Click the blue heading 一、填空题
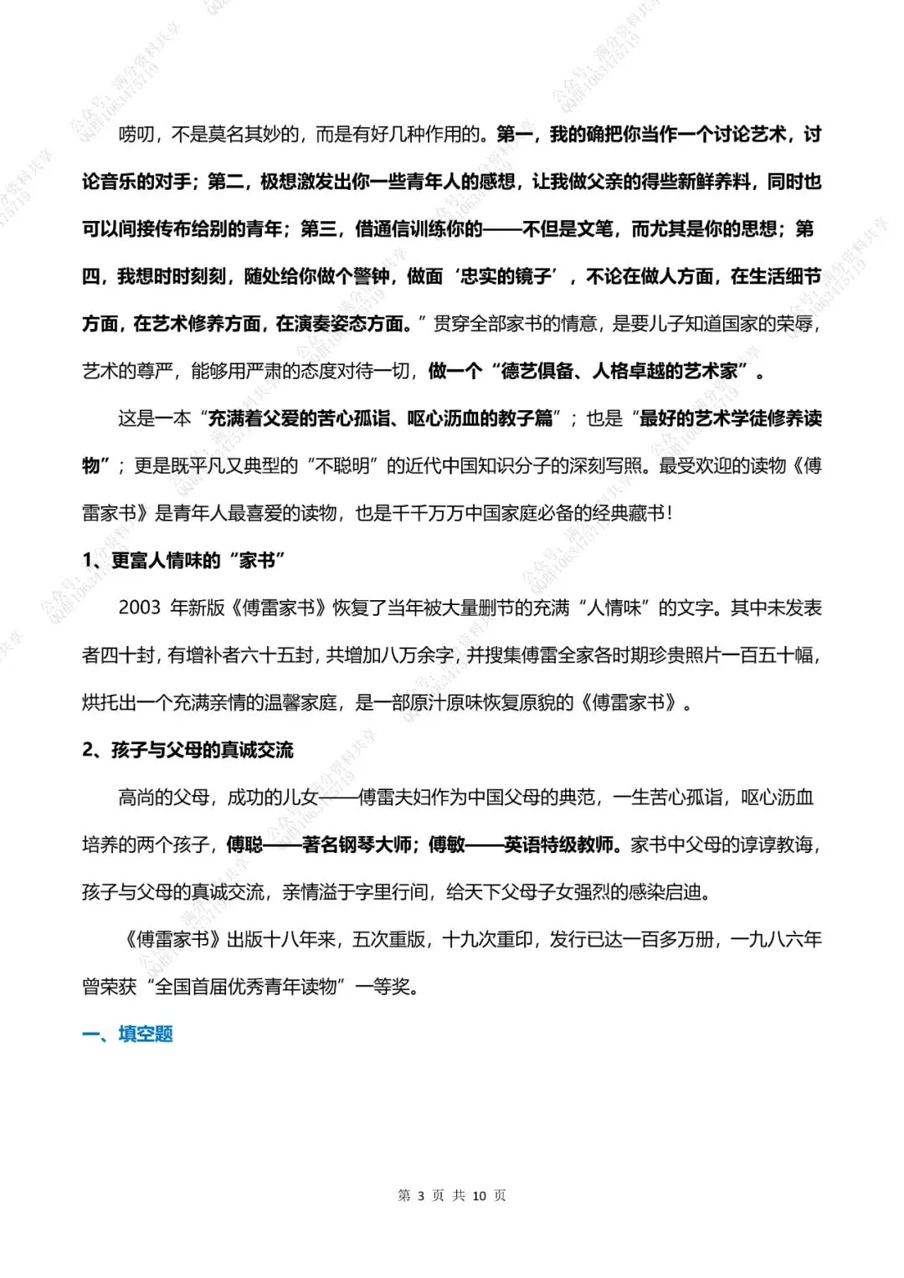[128, 1034]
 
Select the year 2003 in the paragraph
[139, 608]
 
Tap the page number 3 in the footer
[421, 1195]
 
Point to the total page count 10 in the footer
[479, 1195]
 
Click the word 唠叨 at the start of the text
[136, 134]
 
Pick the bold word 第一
[514, 134]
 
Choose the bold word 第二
[225, 182]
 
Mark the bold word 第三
[318, 228]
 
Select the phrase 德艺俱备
[537, 371]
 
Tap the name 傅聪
[244, 844]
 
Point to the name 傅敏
[446, 844]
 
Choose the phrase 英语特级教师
[558, 844]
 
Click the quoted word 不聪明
[342, 465]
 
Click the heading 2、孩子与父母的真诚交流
[187, 750]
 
